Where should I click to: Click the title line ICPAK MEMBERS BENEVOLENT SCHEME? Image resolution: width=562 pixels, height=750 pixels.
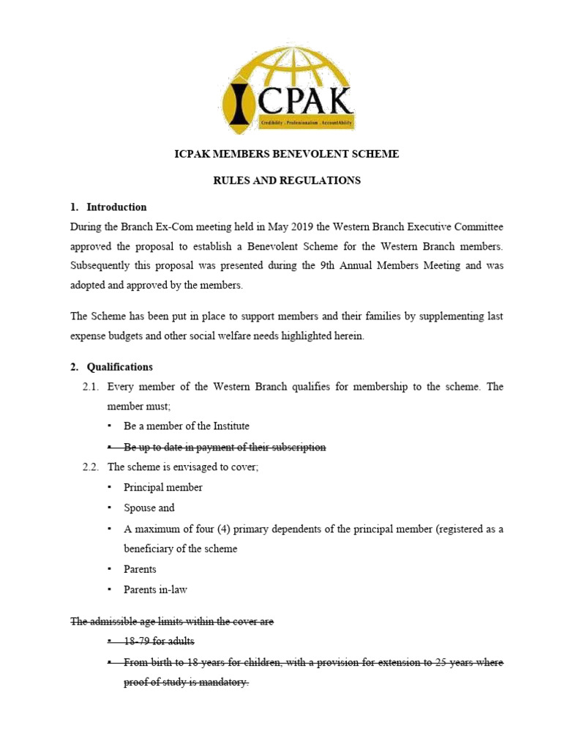286,154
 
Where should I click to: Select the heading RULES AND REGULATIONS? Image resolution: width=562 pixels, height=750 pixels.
286,180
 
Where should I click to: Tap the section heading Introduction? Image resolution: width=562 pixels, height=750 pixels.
116,207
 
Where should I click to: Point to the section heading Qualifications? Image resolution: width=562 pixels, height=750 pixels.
120,367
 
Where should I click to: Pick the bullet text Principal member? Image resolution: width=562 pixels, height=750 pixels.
163,487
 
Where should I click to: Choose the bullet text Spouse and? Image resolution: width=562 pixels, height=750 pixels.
149,508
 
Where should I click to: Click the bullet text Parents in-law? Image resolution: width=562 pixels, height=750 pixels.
156,590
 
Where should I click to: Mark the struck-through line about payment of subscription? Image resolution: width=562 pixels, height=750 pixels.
225,447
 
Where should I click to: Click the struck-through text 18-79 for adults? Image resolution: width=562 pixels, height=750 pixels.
159,642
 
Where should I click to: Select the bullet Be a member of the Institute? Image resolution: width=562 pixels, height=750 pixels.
187,426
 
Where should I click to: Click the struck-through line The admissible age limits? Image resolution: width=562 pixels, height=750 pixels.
172,621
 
